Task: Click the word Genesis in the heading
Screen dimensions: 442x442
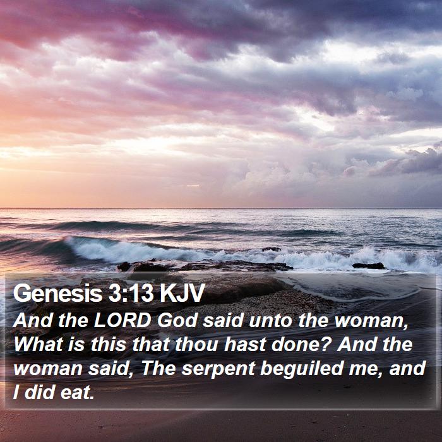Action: [x=58, y=293]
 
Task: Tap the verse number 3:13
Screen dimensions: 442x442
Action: [x=131, y=293]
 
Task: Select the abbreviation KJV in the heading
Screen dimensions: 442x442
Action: [x=182, y=293]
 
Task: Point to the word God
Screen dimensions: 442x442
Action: [x=177, y=321]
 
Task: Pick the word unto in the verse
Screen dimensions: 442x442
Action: [x=270, y=321]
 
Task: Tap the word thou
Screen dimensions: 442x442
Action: [x=196, y=345]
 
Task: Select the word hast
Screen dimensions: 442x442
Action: [x=245, y=345]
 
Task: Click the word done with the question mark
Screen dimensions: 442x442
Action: [x=301, y=345]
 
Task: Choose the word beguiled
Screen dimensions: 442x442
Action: [x=302, y=369]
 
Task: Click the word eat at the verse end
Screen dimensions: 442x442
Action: [x=77, y=393]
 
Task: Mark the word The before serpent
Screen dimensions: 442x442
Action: [x=158, y=368]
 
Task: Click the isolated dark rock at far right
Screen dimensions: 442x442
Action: [x=368, y=266]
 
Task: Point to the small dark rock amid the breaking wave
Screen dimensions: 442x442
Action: [x=272, y=249]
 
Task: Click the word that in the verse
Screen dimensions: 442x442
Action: [x=150, y=345]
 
